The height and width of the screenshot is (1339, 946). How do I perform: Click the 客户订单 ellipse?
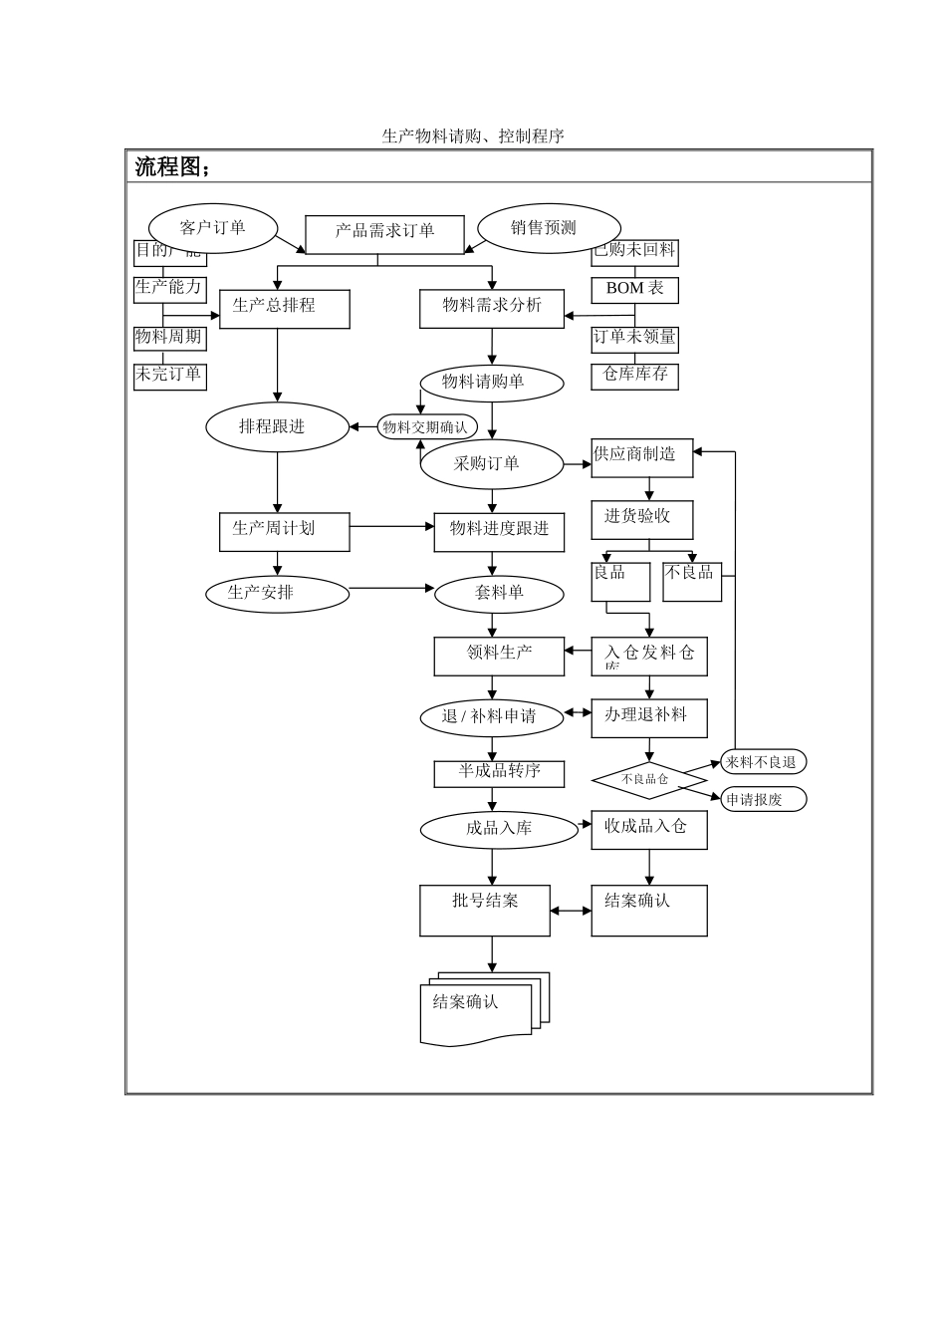pyautogui.click(x=212, y=228)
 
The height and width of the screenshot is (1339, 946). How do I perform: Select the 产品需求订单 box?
pyautogui.click(x=384, y=233)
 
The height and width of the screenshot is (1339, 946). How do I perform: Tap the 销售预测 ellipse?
pyautogui.click(x=548, y=228)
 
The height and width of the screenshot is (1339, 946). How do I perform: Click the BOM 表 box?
pyautogui.click(x=634, y=289)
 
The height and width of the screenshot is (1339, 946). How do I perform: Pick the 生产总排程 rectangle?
pyautogui.click(x=284, y=308)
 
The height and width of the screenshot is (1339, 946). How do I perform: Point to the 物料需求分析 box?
pyautogui.click(x=492, y=308)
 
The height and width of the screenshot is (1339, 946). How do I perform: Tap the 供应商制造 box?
pyautogui.click(x=641, y=457)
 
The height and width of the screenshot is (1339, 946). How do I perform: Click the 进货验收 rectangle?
pyautogui.click(x=641, y=519)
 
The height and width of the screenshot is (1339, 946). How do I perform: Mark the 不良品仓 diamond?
pyautogui.click(x=648, y=780)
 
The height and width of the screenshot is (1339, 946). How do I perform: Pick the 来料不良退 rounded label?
pyautogui.click(x=763, y=762)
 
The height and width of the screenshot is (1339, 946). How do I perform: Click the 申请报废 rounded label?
pyautogui.click(x=763, y=799)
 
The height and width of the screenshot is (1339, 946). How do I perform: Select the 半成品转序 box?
pyautogui.click(x=499, y=773)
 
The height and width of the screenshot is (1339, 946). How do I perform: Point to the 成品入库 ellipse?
pyautogui.click(x=499, y=829)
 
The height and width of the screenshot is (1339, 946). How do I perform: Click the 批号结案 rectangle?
pyautogui.click(x=485, y=910)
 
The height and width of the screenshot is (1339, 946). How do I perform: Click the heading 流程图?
pyautogui.click(x=172, y=167)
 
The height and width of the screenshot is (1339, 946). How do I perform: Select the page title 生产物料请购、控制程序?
pyautogui.click(x=473, y=136)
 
